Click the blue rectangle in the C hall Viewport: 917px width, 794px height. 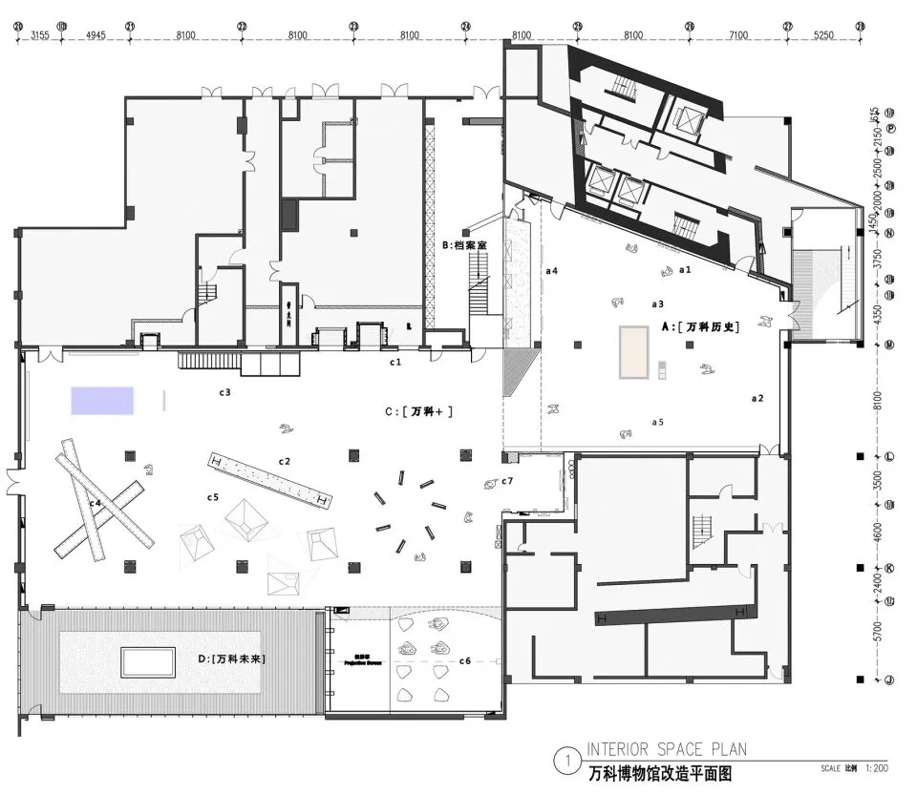[x=101, y=400]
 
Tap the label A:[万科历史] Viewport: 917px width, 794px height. [x=701, y=326]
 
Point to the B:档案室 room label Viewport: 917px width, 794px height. [x=464, y=245]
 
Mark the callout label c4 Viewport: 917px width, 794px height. [x=96, y=502]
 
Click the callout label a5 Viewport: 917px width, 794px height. [x=657, y=421]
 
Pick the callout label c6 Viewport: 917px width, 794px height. [x=465, y=660]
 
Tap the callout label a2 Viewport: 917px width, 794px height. [x=757, y=397]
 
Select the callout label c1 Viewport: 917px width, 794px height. [x=395, y=362]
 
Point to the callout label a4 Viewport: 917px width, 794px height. [x=551, y=271]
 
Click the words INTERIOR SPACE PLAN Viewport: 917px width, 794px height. [x=666, y=749]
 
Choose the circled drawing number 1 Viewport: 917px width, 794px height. [x=567, y=762]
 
